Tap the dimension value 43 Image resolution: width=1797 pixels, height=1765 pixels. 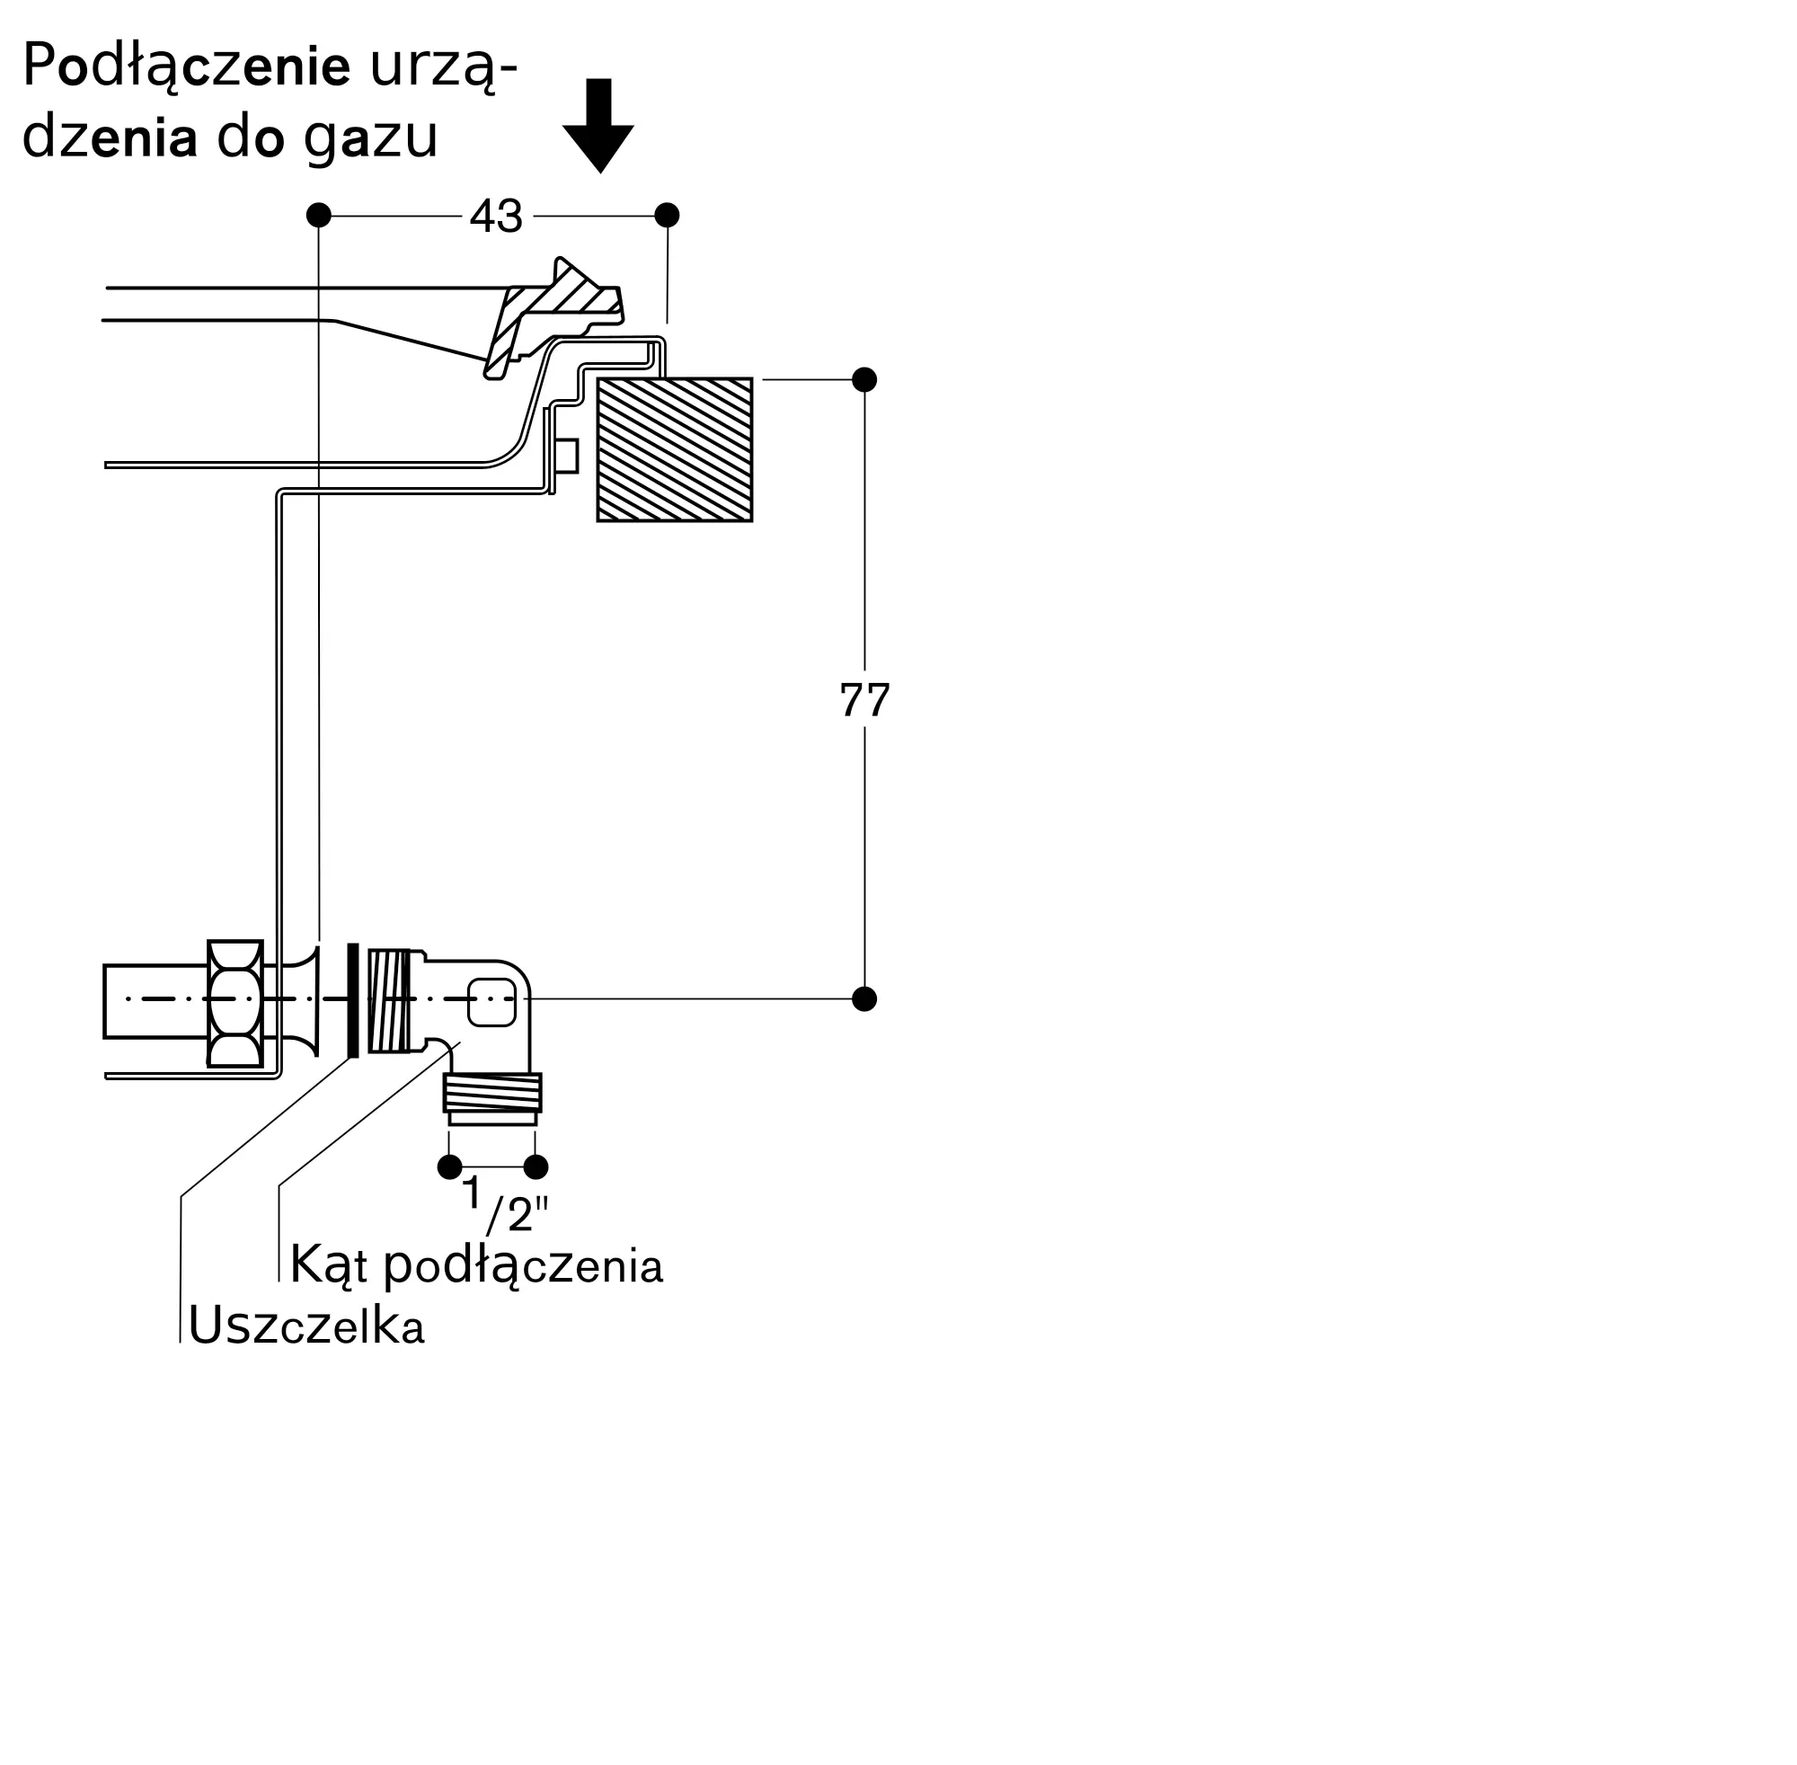tap(496, 216)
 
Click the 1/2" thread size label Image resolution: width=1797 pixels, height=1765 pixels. tap(505, 1205)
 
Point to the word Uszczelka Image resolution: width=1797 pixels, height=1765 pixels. tap(305, 1326)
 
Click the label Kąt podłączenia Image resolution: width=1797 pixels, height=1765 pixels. tap(476, 1265)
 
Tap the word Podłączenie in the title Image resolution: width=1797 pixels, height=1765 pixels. tap(185, 67)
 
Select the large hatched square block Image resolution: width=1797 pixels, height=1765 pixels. tap(674, 449)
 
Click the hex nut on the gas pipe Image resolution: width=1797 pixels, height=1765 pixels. tap(235, 1003)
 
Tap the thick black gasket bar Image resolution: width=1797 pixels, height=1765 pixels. tap(352, 1000)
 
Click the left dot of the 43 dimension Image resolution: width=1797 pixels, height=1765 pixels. tap(319, 215)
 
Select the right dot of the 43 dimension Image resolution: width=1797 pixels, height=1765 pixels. tap(667, 215)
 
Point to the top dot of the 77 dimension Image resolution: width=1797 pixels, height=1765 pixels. tap(863, 379)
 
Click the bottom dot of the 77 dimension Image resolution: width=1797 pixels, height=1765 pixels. tap(863, 998)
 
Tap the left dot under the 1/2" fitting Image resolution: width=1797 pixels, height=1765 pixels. tap(449, 1166)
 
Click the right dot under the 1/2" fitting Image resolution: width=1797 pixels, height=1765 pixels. tap(536, 1166)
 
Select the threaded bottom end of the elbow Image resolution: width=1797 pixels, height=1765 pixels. tap(492, 1093)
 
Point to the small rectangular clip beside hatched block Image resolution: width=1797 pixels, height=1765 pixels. tap(565, 457)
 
